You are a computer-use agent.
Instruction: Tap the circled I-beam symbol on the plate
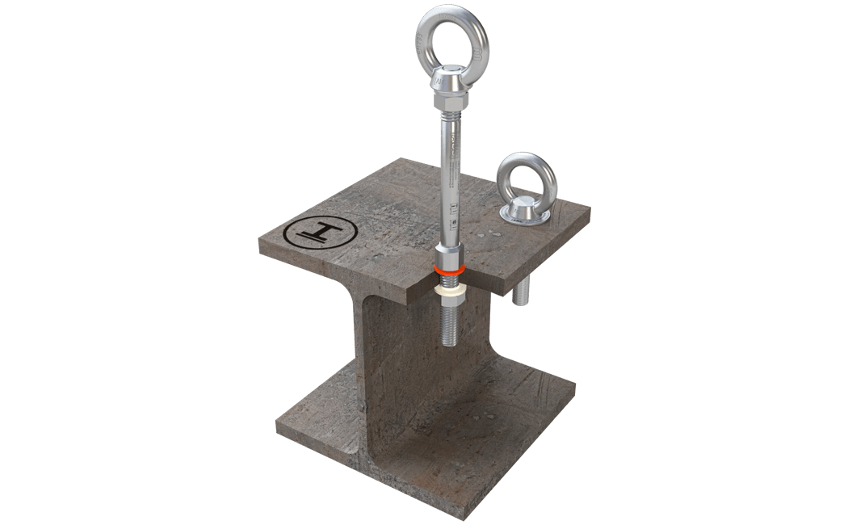(x=321, y=235)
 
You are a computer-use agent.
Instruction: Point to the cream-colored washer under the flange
(x=449, y=287)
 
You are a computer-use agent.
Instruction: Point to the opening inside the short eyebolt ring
(x=520, y=178)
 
